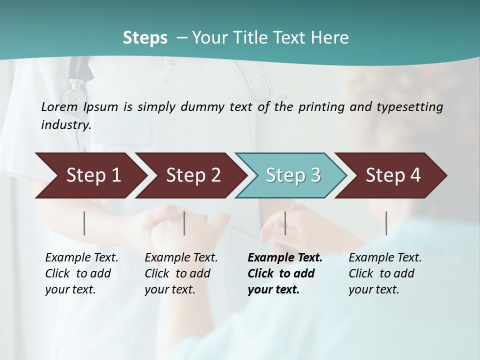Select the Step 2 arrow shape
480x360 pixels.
point(190,175)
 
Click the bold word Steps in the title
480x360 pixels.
point(145,38)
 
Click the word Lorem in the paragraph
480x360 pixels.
point(59,107)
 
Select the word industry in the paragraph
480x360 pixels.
point(66,125)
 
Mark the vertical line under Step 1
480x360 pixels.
point(84,223)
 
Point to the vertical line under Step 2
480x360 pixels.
point(184,223)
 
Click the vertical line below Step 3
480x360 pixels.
point(285,223)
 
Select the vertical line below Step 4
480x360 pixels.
point(386,223)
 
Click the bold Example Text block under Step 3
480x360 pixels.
point(285,273)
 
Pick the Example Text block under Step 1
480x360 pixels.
point(81,273)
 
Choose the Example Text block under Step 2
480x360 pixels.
point(181,273)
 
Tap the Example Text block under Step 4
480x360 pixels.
point(385,273)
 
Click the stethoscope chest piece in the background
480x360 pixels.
point(75,93)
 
